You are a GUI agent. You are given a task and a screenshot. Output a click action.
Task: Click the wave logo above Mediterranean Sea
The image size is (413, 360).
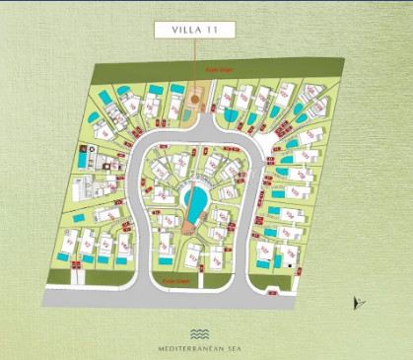(200, 333)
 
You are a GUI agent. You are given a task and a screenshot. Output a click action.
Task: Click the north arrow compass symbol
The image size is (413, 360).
(357, 304)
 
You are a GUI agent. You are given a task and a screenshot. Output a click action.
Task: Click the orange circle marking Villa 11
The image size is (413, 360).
(194, 99)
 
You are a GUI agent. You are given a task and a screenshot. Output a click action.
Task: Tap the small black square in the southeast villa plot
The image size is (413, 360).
(289, 262)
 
